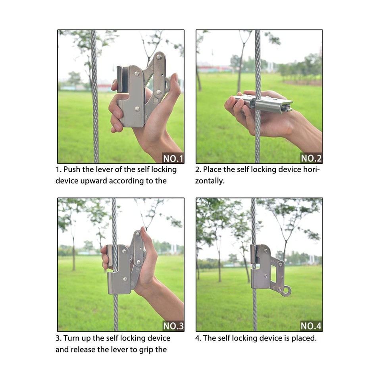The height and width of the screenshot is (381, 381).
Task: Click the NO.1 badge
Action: [173, 158]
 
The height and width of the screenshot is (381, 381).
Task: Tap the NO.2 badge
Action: [311, 158]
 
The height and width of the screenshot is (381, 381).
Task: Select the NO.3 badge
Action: [173, 326]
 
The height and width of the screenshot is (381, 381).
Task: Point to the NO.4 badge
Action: [311, 326]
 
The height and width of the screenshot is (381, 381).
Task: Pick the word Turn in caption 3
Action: [72, 338]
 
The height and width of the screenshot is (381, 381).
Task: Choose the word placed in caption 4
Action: [303, 338]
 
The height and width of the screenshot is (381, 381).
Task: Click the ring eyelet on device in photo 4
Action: [286, 292]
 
